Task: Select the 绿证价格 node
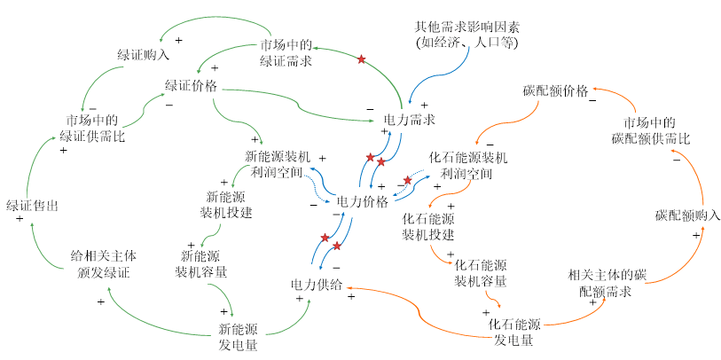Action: pos(191,85)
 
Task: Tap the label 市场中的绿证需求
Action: pos(286,53)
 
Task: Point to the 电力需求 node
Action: pos(409,120)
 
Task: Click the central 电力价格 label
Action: pos(363,202)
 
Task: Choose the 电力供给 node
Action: pos(317,285)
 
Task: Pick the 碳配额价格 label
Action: pos(555,90)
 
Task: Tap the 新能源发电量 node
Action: pos(238,337)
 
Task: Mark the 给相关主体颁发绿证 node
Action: pos(104,263)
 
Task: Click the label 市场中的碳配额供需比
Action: pos(651,130)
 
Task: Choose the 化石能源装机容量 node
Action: pos(481,272)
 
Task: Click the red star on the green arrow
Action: pos(362,59)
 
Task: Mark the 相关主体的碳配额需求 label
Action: pos(607,283)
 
